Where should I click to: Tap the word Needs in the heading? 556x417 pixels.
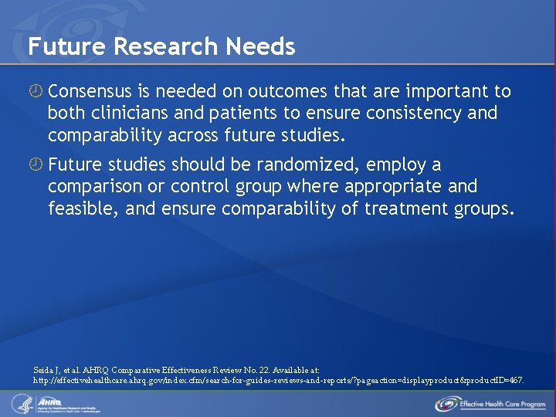261,47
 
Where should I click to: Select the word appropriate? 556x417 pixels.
393,187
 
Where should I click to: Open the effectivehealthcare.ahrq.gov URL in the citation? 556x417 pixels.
278,381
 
